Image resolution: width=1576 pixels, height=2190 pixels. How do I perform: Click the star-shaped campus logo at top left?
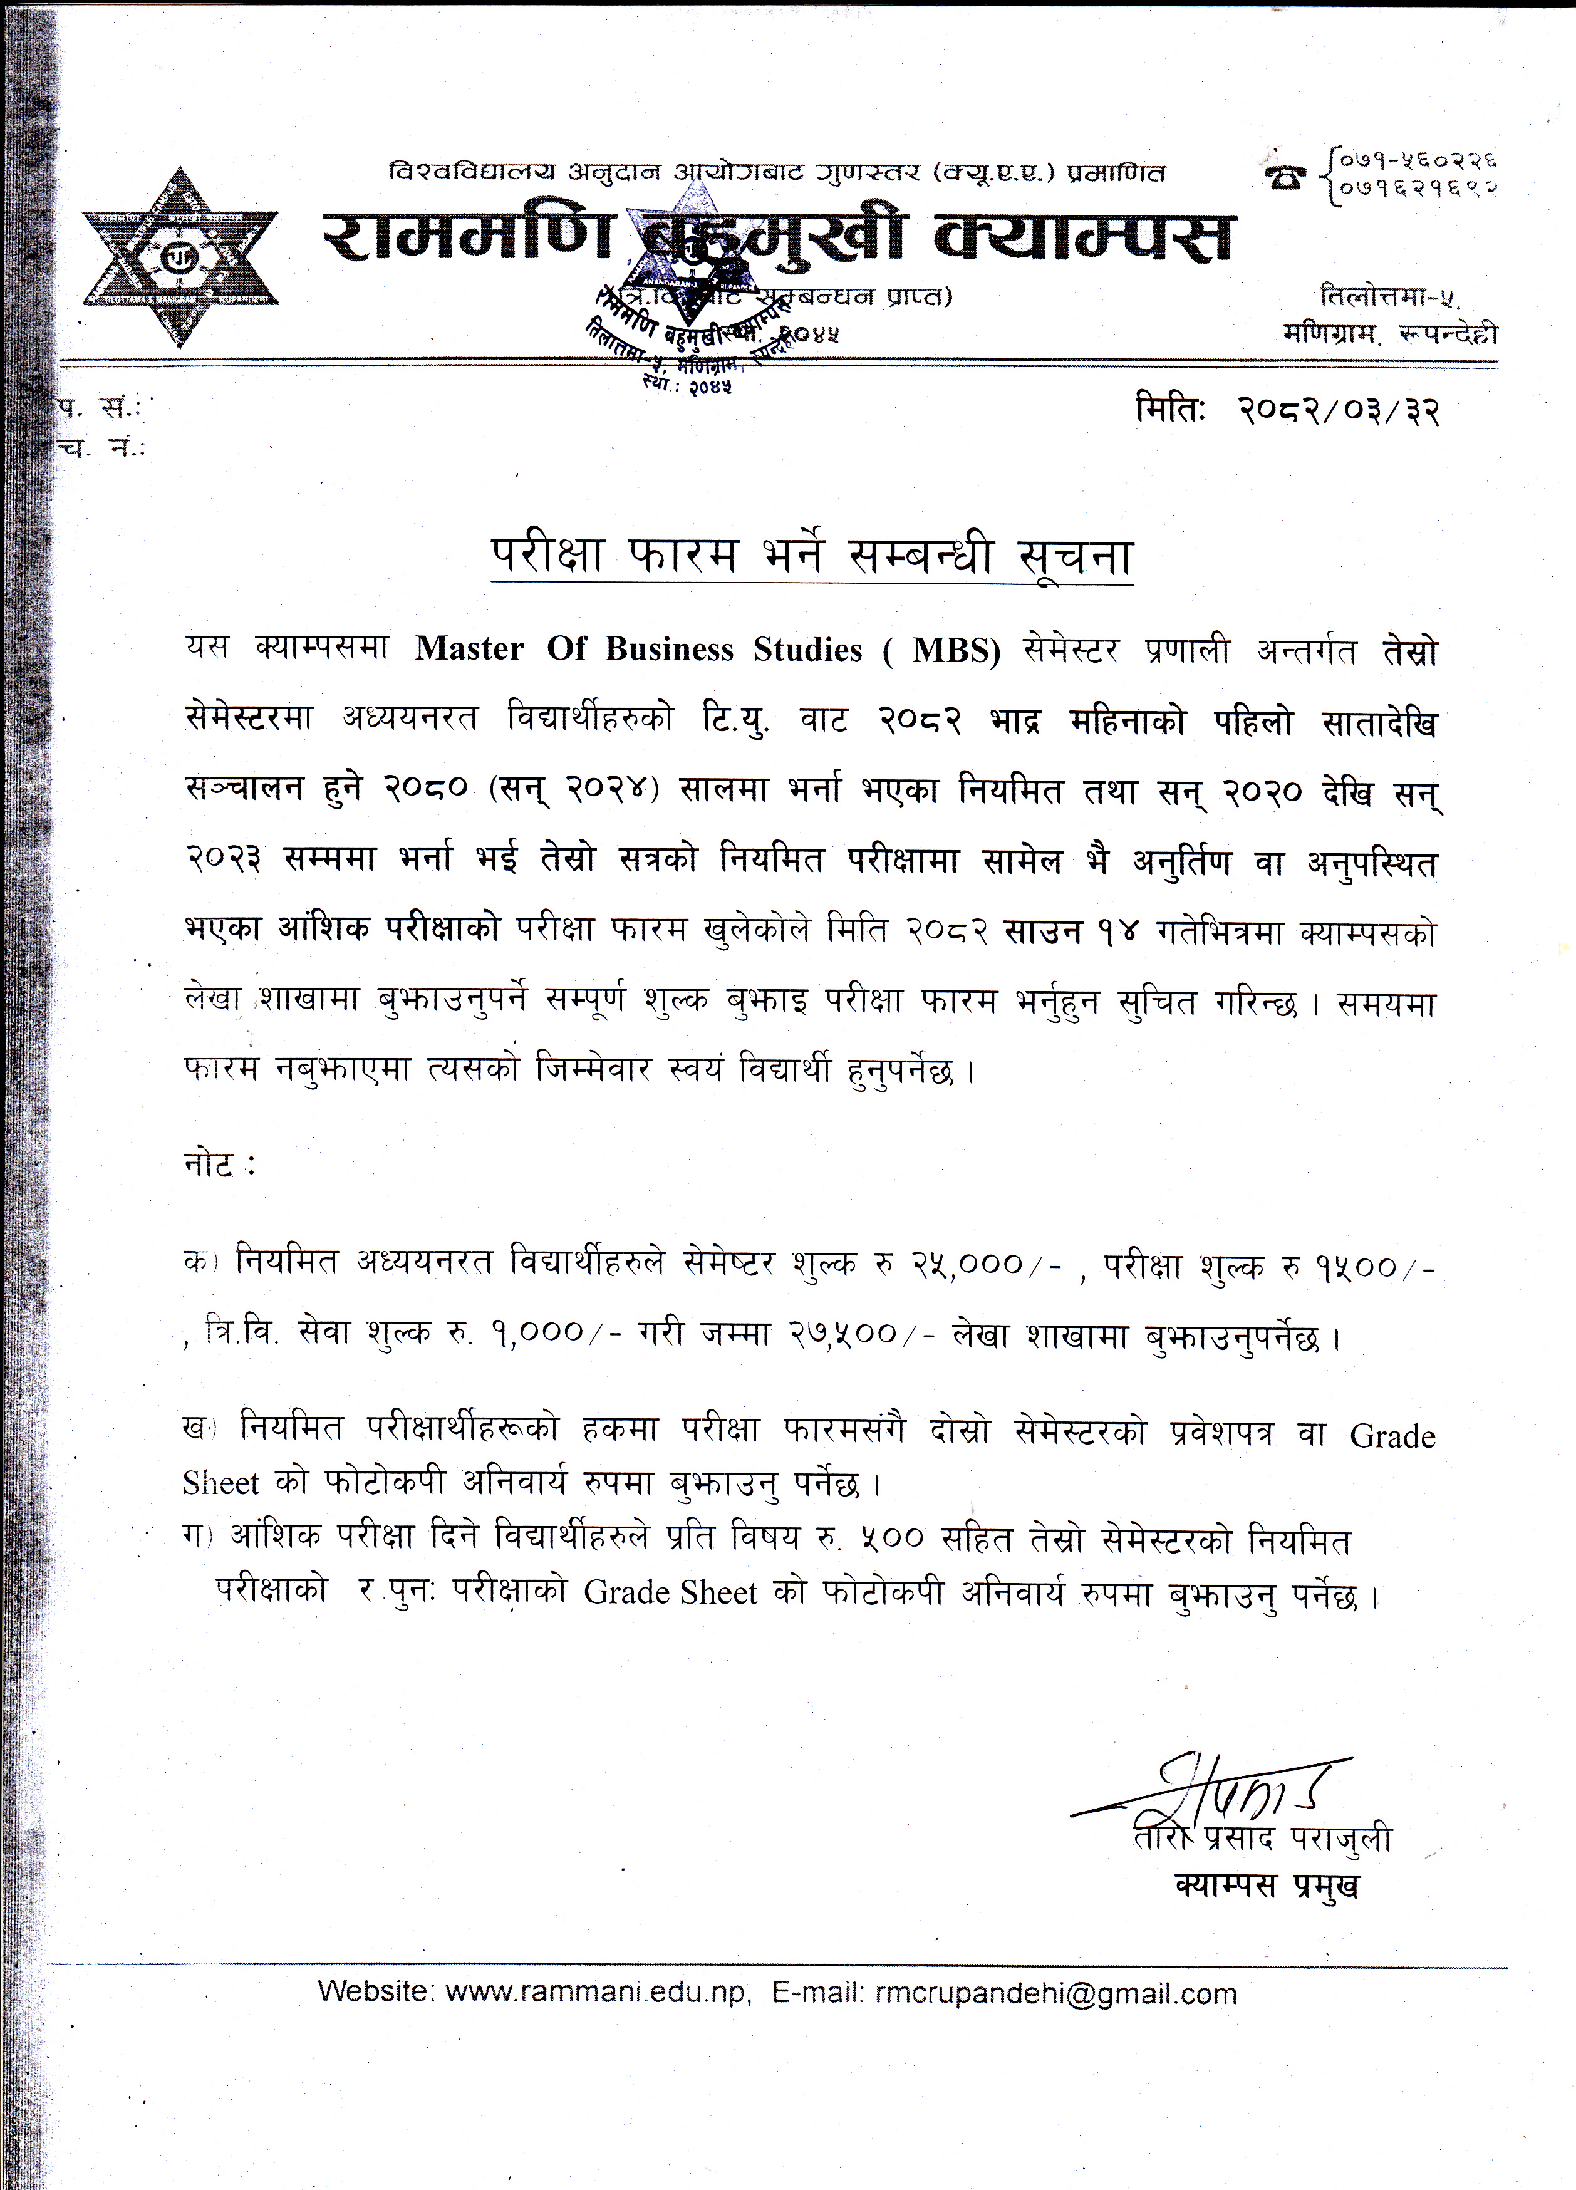click(180, 258)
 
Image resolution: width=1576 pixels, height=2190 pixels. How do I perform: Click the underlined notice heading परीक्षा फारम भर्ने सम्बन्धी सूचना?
click(811, 557)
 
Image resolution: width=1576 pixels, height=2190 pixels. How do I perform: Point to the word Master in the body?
click(469, 649)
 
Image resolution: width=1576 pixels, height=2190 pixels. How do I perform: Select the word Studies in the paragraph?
click(807, 649)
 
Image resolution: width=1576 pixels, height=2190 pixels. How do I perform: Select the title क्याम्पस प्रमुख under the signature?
click(1267, 1884)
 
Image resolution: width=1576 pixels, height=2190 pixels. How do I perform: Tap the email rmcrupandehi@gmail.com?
click(1055, 1993)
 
